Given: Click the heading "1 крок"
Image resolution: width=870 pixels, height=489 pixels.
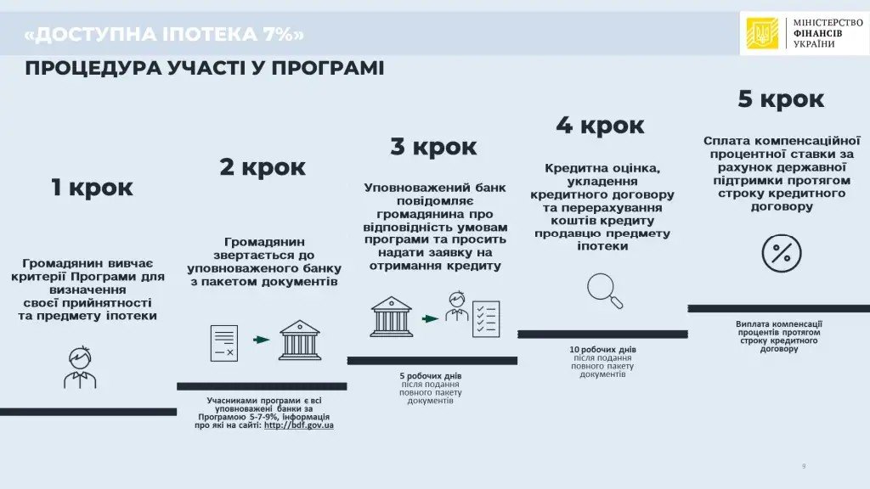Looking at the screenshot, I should (x=91, y=187).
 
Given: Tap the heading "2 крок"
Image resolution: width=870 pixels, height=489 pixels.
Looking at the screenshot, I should (x=262, y=166).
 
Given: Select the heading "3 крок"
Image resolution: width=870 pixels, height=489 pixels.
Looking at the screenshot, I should (x=433, y=146).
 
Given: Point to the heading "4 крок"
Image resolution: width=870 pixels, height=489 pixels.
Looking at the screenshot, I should (x=600, y=125).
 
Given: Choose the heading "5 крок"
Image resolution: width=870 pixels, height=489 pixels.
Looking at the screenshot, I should (x=780, y=98).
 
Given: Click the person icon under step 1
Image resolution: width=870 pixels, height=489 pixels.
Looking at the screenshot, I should (x=80, y=367).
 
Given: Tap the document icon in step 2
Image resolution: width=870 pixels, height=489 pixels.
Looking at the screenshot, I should (x=224, y=341).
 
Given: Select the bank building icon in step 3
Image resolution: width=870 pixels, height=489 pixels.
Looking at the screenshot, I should (x=391, y=316).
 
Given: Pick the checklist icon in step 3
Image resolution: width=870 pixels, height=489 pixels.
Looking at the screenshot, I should (x=486, y=319).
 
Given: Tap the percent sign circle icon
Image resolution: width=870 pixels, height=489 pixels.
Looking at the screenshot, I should (x=781, y=252).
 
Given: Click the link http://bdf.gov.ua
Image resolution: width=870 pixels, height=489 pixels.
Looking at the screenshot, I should (x=298, y=424).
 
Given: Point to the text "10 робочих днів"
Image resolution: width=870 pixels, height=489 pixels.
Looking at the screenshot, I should (x=602, y=350).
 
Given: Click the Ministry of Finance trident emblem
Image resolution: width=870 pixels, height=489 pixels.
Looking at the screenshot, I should (x=762, y=34).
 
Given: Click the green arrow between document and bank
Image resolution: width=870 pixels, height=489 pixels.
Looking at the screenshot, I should (x=262, y=340).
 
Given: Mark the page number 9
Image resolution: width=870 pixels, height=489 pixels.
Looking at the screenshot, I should (x=804, y=466).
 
